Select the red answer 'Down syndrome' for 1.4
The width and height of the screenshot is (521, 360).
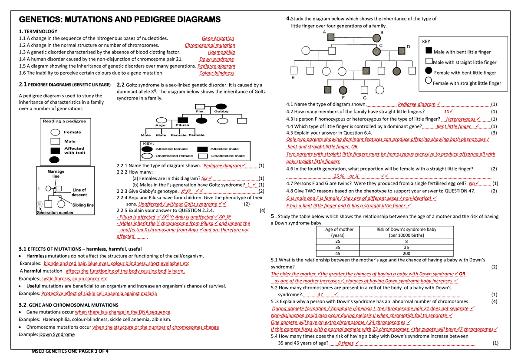[216, 59]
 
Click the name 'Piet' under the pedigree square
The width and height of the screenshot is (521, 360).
[200, 112]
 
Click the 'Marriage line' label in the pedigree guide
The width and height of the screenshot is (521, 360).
[56, 174]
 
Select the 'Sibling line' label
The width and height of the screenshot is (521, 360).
[83, 205]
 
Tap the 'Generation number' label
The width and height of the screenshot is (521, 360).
[55, 213]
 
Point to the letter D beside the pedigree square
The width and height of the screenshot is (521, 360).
[408, 46]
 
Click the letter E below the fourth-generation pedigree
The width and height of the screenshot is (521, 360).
[293, 79]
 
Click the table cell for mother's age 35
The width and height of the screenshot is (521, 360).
[337, 247]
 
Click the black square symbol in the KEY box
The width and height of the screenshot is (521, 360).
[429, 52]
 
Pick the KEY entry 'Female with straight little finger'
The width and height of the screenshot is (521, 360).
[467, 83]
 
